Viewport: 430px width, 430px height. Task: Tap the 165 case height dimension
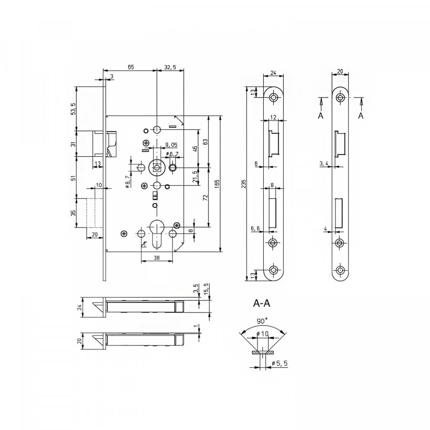pos(217,183)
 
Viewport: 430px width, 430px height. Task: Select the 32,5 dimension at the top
pos(170,67)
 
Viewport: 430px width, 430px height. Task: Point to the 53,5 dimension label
pos(74,108)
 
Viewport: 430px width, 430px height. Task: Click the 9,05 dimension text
pos(171,145)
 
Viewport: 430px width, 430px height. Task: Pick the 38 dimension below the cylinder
pos(157,258)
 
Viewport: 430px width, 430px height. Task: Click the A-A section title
pos(261,303)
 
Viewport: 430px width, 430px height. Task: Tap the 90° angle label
pos(262,321)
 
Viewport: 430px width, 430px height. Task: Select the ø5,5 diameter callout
pos(279,364)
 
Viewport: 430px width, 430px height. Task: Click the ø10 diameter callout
pos(262,334)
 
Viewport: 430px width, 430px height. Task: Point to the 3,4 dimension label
pos(323,164)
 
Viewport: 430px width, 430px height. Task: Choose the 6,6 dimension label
pos(255,228)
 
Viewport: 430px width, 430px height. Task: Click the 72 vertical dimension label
pos(205,197)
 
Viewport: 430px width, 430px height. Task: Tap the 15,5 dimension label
pos(207,289)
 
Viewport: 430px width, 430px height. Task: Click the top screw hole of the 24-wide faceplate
pos(273,97)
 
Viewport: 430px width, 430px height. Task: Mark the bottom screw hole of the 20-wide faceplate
pos(340,270)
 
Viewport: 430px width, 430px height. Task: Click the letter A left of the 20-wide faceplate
pos(321,116)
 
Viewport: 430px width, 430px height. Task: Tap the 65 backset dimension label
pos(131,67)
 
